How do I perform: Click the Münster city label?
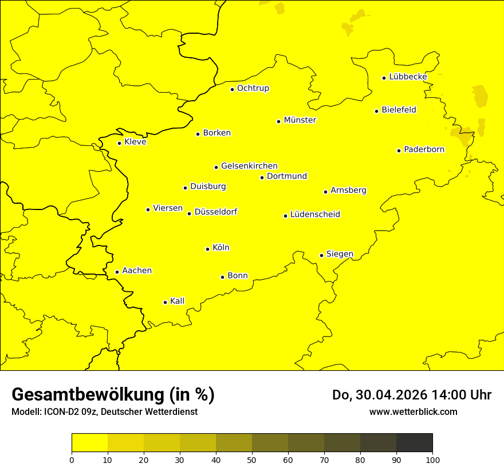tap(300, 120)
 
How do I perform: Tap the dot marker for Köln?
tap(207, 249)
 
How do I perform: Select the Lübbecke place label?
tap(408, 77)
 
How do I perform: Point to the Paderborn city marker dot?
tap(399, 151)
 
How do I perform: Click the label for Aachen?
tap(137, 271)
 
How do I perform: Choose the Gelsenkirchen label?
tap(249, 166)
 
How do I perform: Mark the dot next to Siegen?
tap(321, 255)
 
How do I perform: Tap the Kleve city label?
tap(135, 142)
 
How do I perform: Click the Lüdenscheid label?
tap(315, 215)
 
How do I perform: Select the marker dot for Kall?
tap(165, 302)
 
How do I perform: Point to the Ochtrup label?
tap(253, 88)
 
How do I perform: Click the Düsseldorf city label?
tap(216, 212)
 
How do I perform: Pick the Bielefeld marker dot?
tap(376, 111)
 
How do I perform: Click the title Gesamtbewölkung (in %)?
tap(113, 395)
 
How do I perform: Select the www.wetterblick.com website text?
tap(413, 412)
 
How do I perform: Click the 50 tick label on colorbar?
tap(252, 460)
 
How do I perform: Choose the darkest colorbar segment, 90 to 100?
tap(414, 443)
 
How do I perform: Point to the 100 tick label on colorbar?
tap(432, 460)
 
